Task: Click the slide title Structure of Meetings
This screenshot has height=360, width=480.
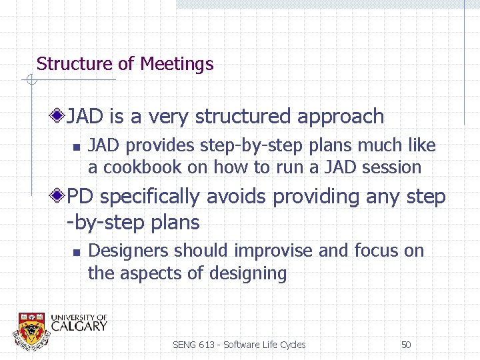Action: point(125,64)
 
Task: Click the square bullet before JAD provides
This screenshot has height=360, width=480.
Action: point(77,147)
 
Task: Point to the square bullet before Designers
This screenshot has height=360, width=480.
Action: point(77,252)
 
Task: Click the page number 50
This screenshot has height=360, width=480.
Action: point(405,345)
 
